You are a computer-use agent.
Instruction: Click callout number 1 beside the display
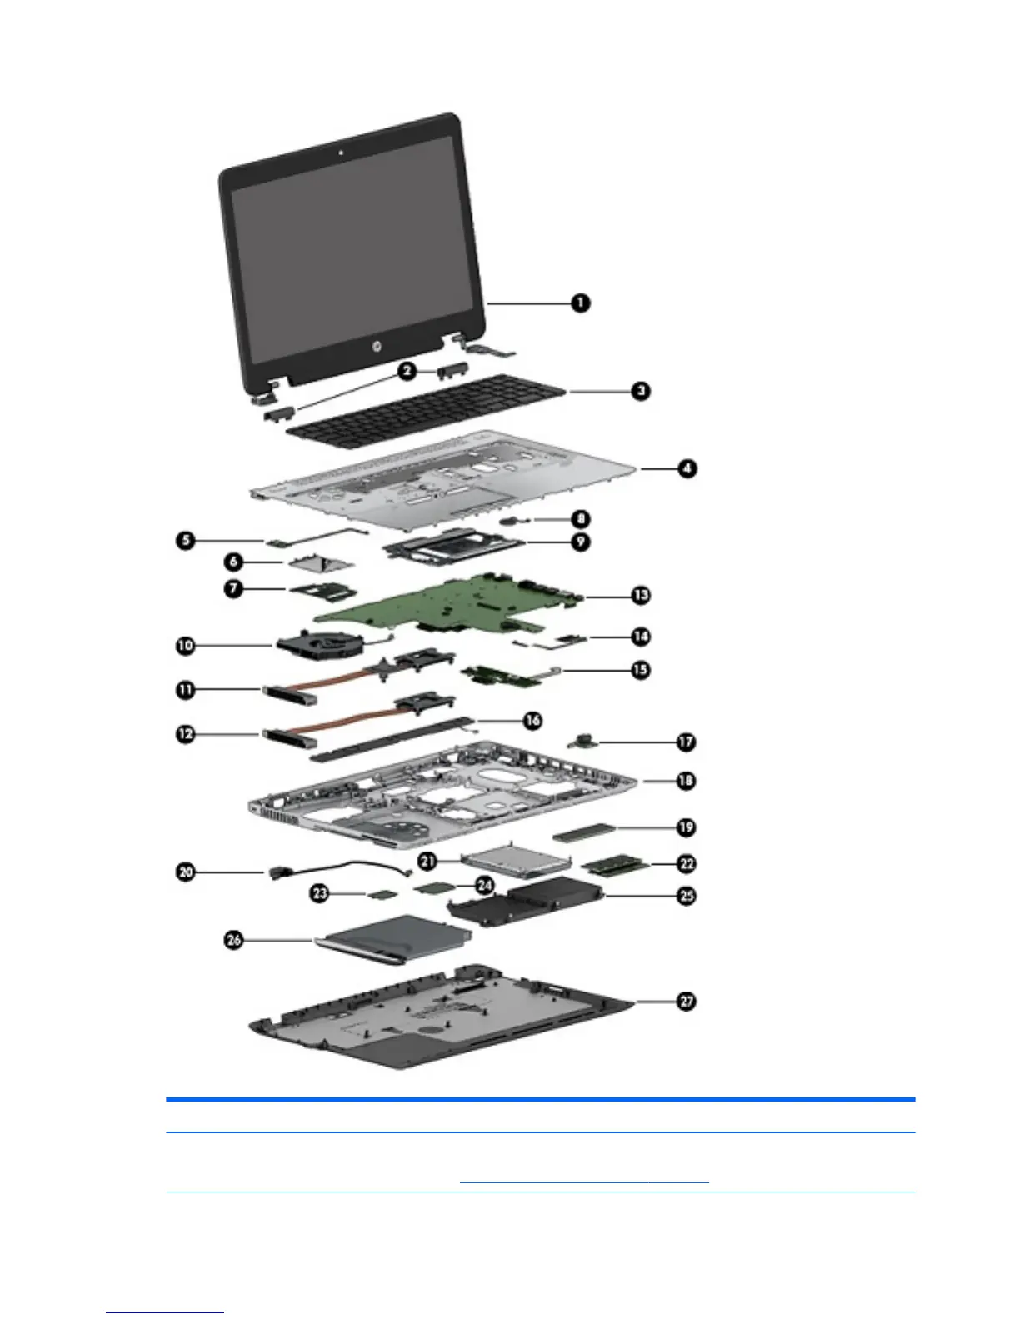[581, 302]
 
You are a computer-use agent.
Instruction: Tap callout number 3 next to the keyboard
[640, 390]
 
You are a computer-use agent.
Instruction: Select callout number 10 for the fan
[185, 645]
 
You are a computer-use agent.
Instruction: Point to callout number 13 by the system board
[640, 595]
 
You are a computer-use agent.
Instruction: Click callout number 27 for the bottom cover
[686, 1001]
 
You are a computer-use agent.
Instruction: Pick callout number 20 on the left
[185, 872]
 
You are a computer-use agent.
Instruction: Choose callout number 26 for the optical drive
[234, 940]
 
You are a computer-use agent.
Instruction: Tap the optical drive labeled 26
[392, 940]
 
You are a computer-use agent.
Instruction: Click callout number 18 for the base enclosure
[686, 781]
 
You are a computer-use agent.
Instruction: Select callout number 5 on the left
[185, 540]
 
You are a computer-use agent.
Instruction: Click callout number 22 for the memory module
[686, 864]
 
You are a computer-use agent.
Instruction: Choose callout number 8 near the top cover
[581, 519]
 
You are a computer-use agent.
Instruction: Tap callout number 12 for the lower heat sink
[185, 734]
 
